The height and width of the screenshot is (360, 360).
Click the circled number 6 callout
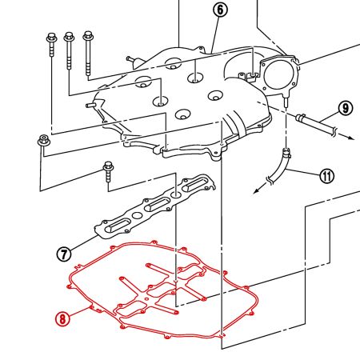pos(220,10)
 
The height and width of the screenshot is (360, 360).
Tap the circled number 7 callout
pos(64,254)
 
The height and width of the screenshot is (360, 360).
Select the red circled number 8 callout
pos(62,318)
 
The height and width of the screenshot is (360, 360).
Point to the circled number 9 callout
pos(346,108)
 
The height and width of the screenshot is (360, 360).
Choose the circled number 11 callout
pos(327,176)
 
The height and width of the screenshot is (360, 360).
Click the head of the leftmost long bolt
pos(51,38)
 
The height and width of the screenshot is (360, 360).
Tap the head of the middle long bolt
pos(69,37)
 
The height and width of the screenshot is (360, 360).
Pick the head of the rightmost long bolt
pos(88,35)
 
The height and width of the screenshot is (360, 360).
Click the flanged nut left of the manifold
pos(44,140)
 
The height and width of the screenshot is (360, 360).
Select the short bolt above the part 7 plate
pos(108,172)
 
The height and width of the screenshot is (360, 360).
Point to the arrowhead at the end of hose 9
pos(351,138)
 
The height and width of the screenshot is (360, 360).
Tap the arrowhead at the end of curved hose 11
pos(257,190)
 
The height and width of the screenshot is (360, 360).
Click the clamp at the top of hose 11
pos(286,153)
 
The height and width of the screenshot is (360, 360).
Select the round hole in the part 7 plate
pos(137,215)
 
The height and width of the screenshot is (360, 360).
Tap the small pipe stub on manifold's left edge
pos(91,106)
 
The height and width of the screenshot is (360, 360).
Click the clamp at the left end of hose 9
pos(300,117)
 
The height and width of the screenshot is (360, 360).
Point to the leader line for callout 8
pos(79,312)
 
